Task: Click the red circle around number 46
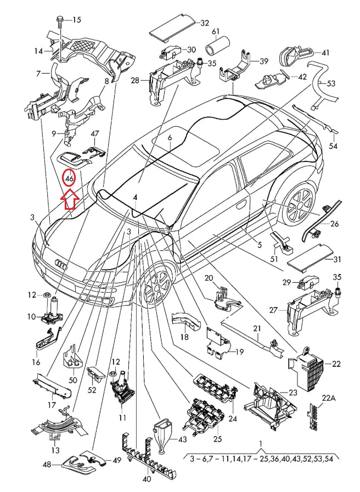point(69,179)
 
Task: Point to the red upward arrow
point(70,199)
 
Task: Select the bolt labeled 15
point(58,21)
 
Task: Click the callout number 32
point(205,23)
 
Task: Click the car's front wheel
point(158,286)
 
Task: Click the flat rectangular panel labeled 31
point(311,251)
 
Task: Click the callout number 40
point(146,478)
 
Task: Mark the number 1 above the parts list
point(261,444)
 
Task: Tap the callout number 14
point(38,51)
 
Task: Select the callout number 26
point(334,223)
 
